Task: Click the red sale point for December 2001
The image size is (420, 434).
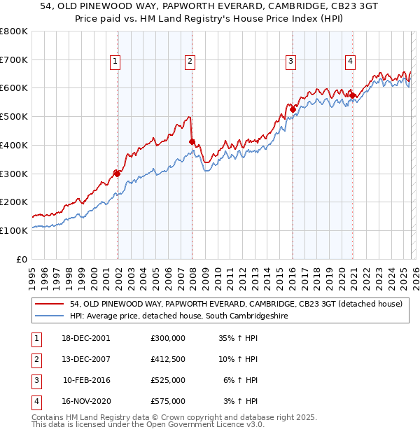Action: point(118,173)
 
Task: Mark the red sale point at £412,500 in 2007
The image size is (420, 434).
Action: point(192,141)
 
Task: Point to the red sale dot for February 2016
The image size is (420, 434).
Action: point(293,109)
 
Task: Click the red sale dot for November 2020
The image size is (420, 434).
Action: point(353,95)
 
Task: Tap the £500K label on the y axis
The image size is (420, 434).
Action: point(14,117)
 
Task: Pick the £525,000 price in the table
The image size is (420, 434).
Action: point(168,380)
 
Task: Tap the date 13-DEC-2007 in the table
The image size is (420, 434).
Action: point(85,359)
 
